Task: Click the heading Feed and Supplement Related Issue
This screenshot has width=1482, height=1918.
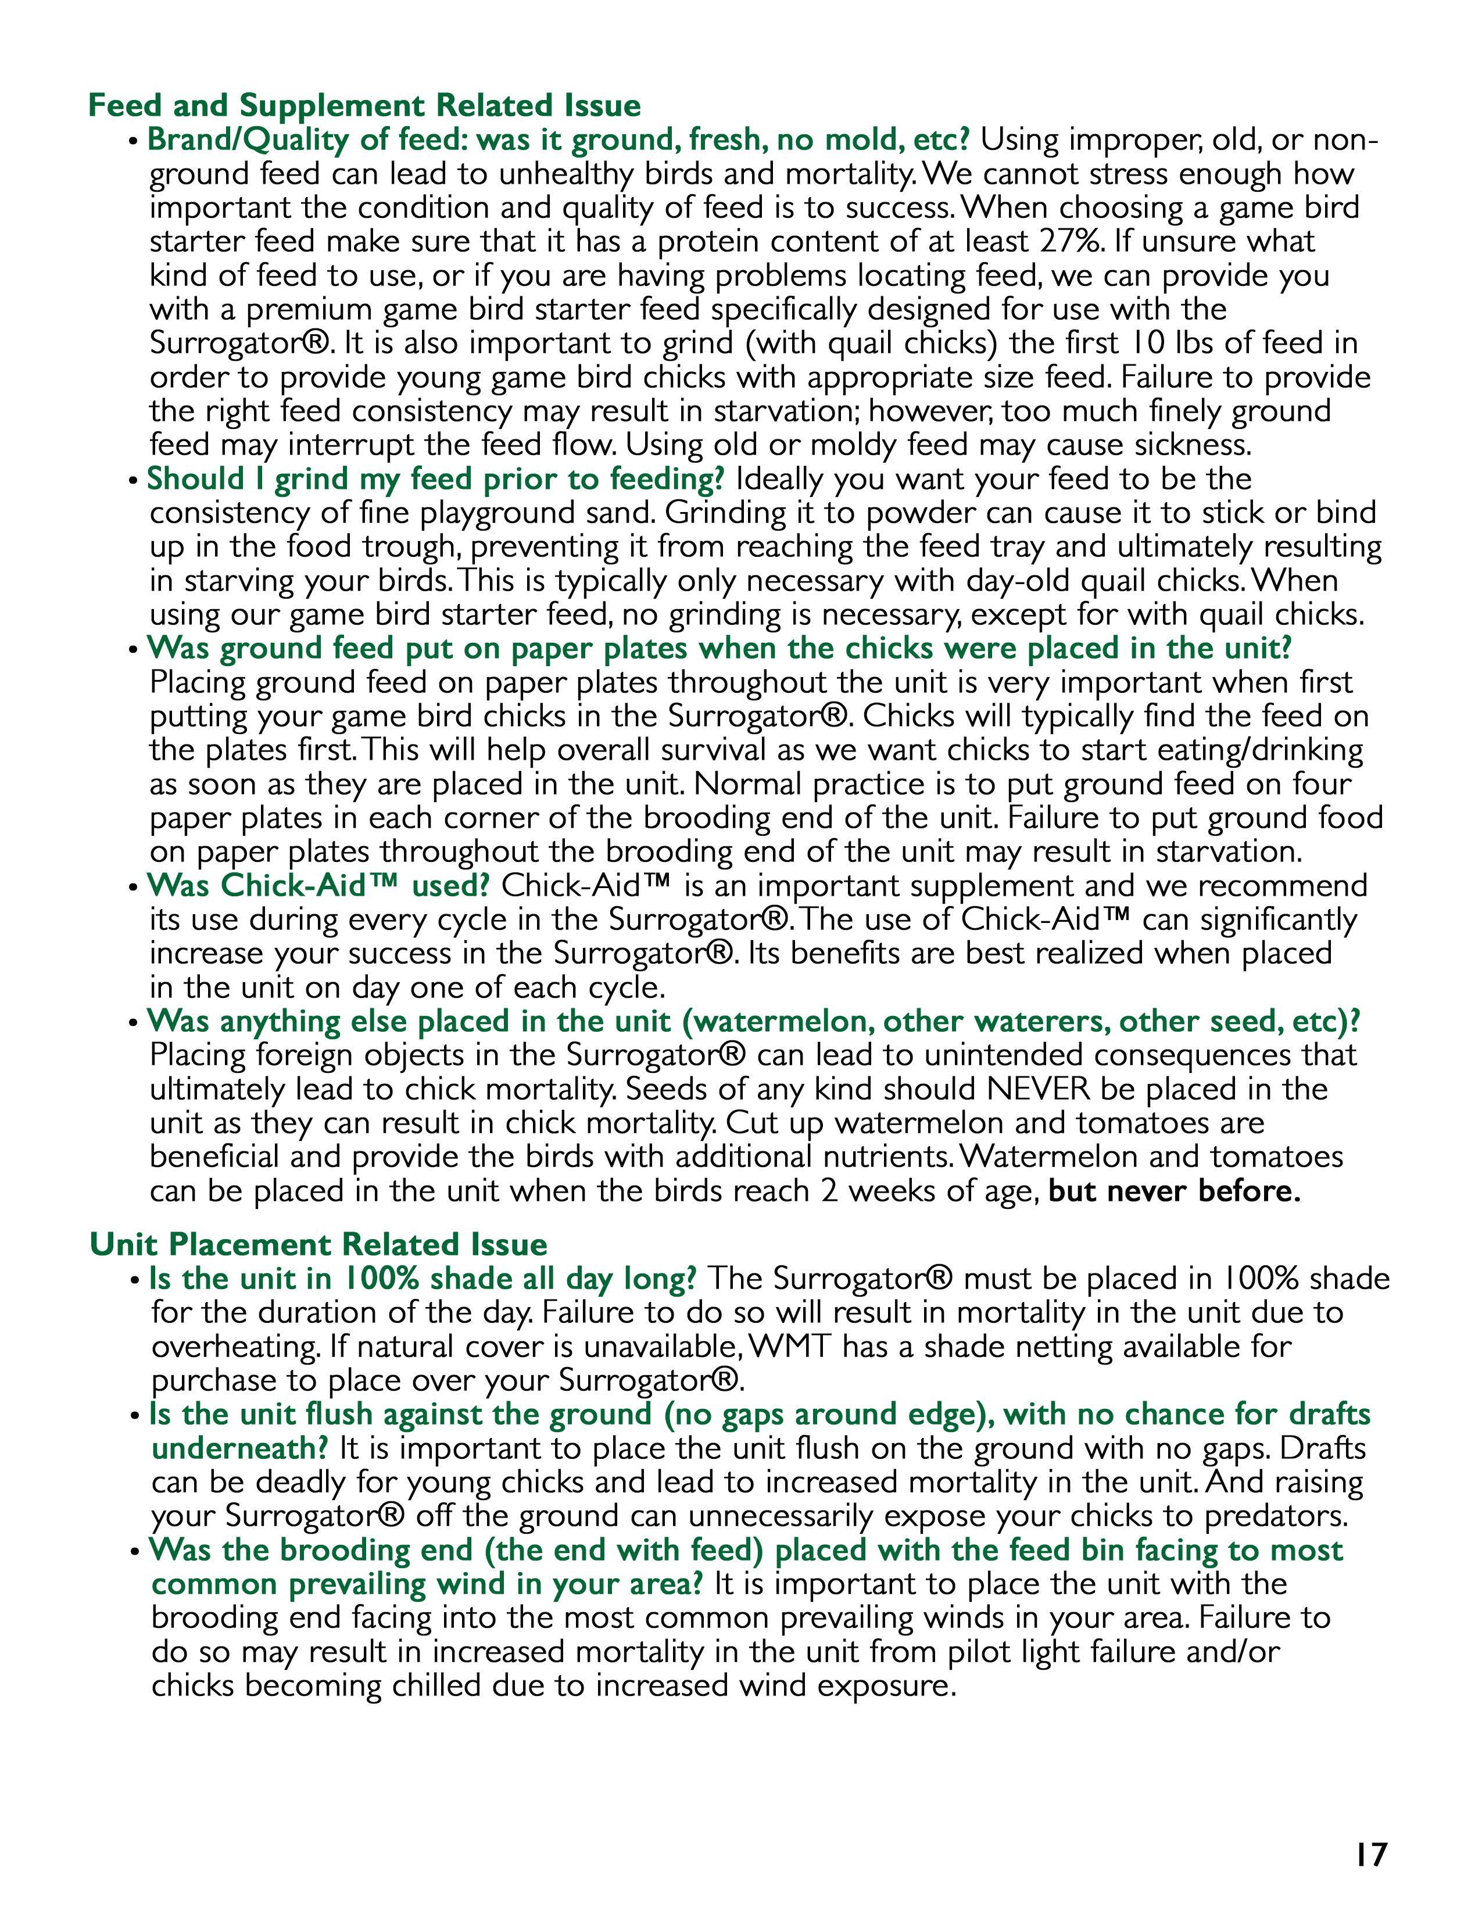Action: point(364,105)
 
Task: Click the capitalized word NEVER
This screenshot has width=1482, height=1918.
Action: point(1037,1089)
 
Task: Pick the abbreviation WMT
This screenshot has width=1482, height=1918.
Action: point(792,1346)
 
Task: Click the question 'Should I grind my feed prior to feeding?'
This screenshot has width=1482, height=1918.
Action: point(435,479)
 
